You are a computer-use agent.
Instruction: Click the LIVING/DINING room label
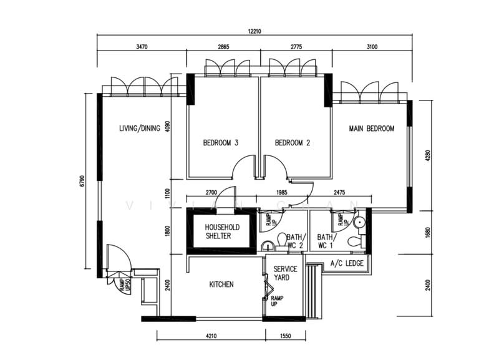click(140, 129)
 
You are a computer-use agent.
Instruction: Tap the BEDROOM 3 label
click(221, 143)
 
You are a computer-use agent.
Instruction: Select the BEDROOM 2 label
click(293, 143)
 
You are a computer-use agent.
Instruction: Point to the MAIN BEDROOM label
click(372, 129)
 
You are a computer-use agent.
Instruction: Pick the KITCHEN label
click(221, 285)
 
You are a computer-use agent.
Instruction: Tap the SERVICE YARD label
click(286, 273)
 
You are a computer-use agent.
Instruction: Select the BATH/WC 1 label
click(326, 241)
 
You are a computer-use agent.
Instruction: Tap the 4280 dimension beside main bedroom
click(427, 154)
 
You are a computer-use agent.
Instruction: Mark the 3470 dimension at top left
click(141, 47)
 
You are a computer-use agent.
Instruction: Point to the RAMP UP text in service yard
click(276, 301)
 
